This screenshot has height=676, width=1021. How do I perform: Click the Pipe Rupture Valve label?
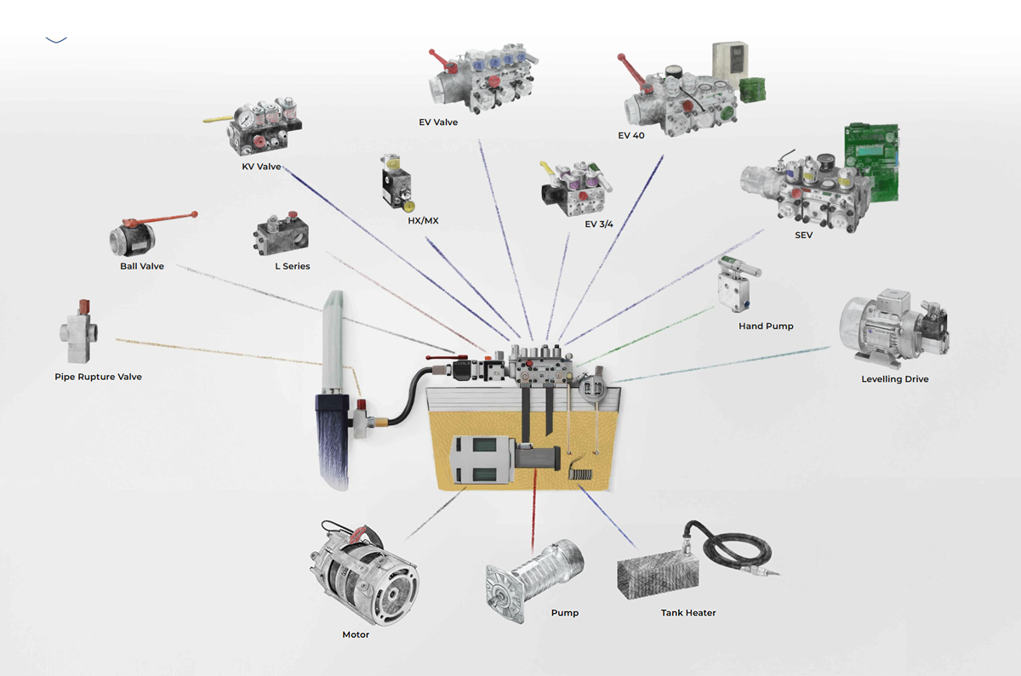98,377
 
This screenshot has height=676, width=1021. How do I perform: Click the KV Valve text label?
261,167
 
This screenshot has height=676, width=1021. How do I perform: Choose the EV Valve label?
438,122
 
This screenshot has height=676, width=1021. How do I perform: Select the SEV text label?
803,236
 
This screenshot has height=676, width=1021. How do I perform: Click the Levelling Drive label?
895,379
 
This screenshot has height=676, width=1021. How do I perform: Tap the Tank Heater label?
688,613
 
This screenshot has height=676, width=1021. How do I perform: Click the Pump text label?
565,613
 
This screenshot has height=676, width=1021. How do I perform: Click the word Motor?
356,635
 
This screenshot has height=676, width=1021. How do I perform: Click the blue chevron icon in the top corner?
56,40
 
